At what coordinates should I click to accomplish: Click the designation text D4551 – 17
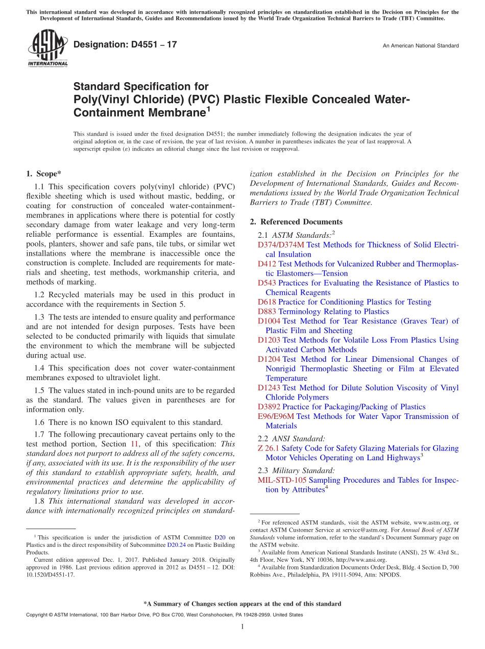pos(125,44)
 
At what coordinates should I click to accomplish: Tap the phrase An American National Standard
pos(421,46)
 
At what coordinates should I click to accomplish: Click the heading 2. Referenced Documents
pos(296,221)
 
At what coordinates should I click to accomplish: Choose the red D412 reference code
pos(267,264)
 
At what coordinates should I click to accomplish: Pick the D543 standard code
pos(267,283)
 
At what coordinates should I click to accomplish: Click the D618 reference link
pos(267,302)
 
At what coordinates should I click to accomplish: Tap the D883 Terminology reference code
pos(267,311)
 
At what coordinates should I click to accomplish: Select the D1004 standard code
pos(269,321)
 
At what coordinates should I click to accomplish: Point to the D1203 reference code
pos(269,340)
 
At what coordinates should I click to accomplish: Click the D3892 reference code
pos(269,407)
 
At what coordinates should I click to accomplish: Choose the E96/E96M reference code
pos(276,416)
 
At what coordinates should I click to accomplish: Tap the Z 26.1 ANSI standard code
pos(269,448)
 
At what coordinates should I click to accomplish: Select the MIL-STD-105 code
pos(282,480)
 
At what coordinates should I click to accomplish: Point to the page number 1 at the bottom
pos(243,627)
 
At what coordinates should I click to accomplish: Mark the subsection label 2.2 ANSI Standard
pos(292,438)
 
